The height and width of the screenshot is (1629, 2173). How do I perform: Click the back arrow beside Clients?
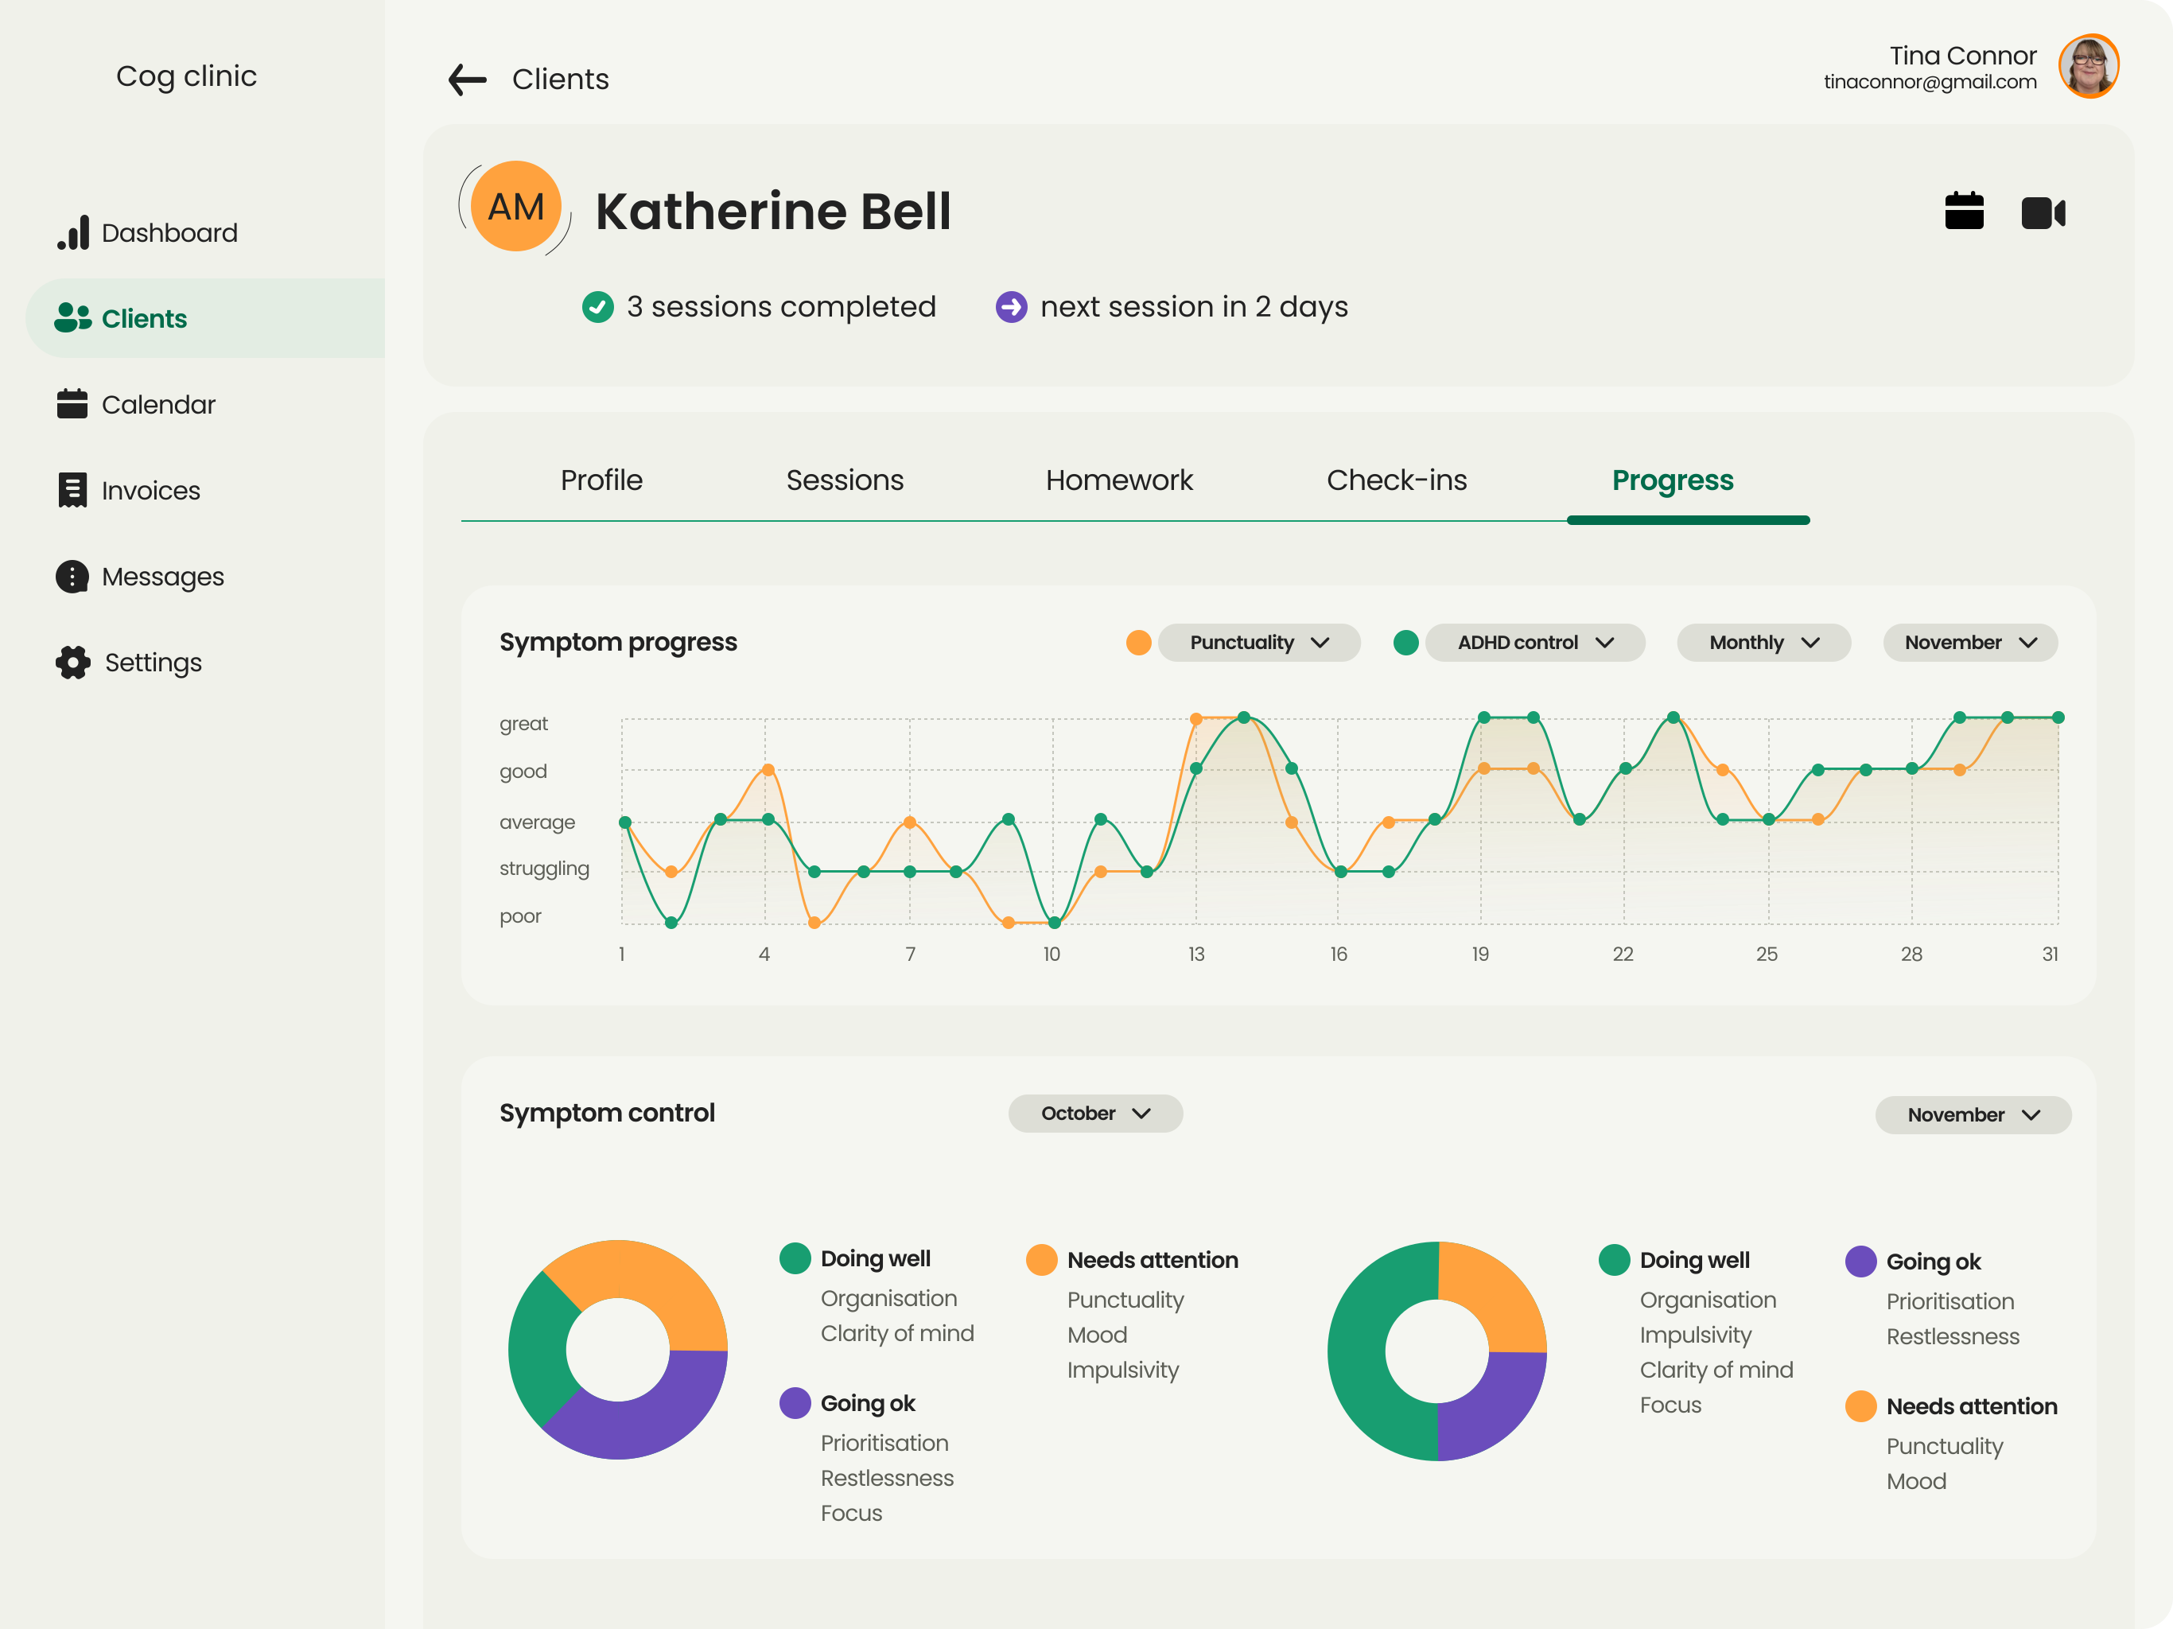point(468,79)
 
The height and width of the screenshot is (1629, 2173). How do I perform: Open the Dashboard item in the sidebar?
point(147,233)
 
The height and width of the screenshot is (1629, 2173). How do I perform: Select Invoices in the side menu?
point(129,490)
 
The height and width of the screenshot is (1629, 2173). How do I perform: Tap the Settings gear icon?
point(72,663)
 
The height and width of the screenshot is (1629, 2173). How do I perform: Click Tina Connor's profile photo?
point(2089,66)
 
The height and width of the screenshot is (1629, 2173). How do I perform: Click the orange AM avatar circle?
point(515,206)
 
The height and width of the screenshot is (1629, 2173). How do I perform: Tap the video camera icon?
point(2043,212)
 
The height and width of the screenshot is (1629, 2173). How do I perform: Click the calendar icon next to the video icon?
point(1964,210)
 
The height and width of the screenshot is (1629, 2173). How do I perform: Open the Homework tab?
point(1119,480)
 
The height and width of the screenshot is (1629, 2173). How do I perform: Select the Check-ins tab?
point(1396,480)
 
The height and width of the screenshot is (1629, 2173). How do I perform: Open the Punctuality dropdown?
point(1259,643)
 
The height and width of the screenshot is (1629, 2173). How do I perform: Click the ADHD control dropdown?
point(1535,643)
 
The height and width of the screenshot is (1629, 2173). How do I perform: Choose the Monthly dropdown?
point(1763,643)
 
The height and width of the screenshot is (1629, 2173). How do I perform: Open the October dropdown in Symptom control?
point(1095,1114)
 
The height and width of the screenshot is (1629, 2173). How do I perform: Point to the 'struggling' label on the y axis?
point(544,869)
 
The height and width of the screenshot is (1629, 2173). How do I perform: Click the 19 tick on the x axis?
point(1480,954)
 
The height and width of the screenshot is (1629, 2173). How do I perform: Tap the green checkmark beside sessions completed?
point(597,306)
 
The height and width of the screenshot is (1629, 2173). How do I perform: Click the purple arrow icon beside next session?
point(1011,306)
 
